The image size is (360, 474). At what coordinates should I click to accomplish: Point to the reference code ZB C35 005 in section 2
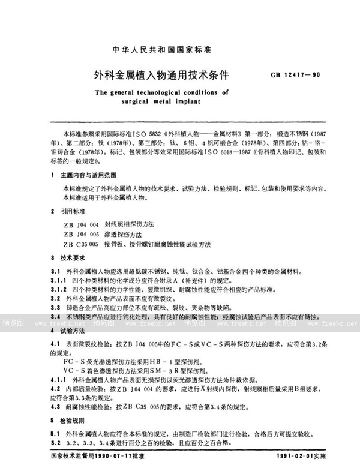[80, 245]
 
